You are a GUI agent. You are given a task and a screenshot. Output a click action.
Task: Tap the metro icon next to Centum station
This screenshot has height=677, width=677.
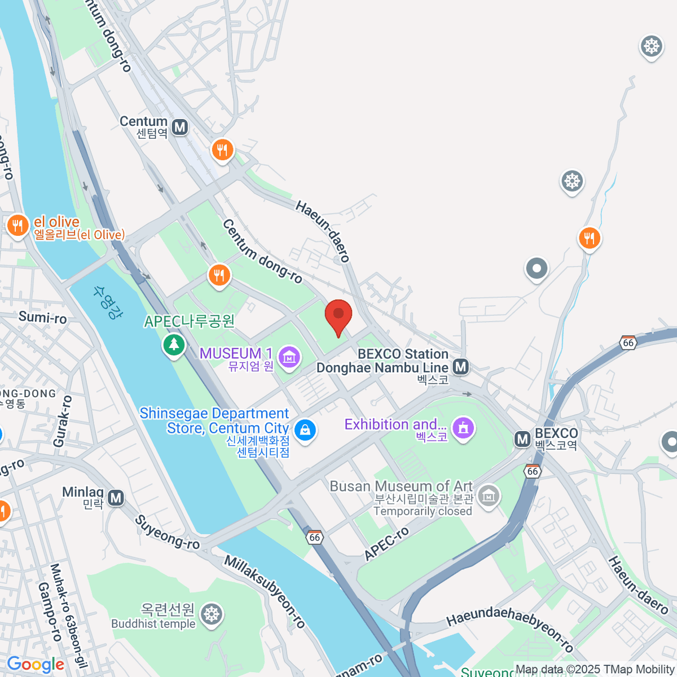click(x=180, y=127)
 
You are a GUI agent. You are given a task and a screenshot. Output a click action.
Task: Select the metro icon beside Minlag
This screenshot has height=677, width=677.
click(x=116, y=498)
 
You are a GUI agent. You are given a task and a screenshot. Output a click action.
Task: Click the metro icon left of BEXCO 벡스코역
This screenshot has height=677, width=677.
click(x=522, y=439)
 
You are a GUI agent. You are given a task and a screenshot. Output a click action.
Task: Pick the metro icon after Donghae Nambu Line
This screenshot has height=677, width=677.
click(x=461, y=367)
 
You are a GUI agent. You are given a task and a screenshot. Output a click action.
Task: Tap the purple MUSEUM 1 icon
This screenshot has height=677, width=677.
click(x=289, y=357)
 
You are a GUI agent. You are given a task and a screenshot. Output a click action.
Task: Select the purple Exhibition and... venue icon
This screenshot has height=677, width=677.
click(x=463, y=428)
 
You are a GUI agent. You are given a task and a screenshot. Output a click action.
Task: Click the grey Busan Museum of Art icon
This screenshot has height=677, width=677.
click(x=489, y=496)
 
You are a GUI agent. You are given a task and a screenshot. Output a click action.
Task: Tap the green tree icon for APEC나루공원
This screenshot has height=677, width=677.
click(x=174, y=344)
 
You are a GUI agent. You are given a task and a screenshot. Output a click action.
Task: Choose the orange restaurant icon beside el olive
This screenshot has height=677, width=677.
click(x=17, y=226)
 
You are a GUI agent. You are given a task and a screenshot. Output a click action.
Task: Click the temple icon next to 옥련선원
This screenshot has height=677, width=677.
click(x=212, y=614)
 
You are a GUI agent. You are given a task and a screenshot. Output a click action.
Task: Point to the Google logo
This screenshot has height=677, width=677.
click(x=36, y=665)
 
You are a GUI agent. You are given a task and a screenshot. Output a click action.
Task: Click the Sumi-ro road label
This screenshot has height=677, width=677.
click(x=43, y=318)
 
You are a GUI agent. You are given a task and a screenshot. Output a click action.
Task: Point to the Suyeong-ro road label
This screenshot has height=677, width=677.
click(x=168, y=532)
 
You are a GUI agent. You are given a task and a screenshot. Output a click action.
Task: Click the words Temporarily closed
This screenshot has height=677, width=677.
click(x=423, y=511)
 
